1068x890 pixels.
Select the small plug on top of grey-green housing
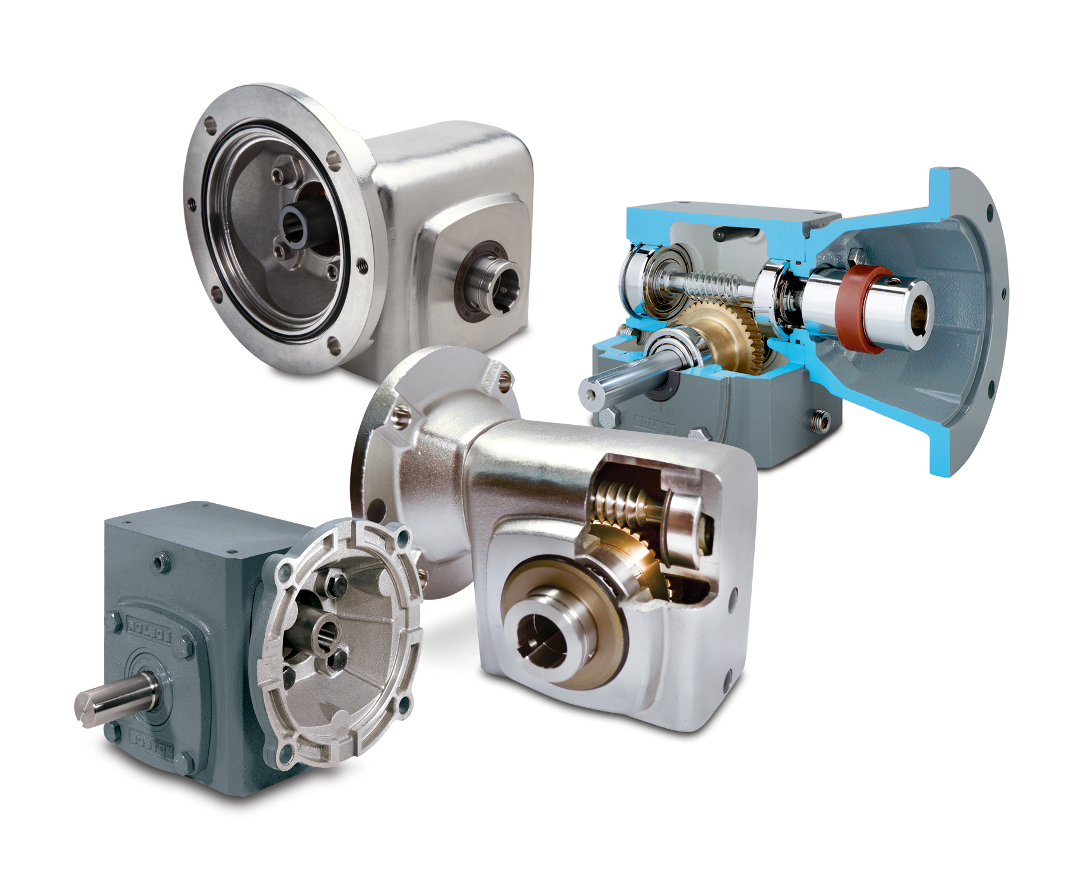tap(160, 561)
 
